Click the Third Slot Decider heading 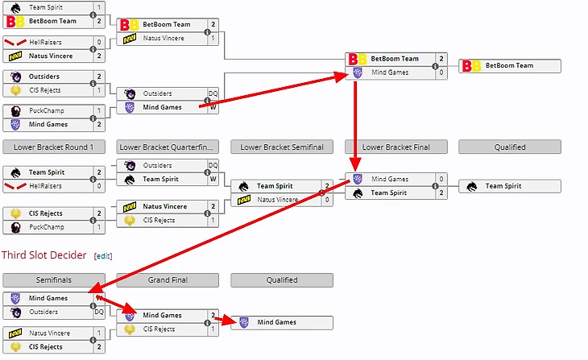coord(44,255)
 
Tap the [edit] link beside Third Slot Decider coord(102,256)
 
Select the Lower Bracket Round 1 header coord(53,147)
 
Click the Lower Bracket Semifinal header coord(281,147)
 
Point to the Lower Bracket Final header coord(395,147)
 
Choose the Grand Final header coord(167,280)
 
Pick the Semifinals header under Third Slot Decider coord(53,280)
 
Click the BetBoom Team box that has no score coord(509,65)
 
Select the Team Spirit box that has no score coord(509,186)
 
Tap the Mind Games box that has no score coord(281,322)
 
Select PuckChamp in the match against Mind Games coord(47,110)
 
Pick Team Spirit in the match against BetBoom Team coord(47,6)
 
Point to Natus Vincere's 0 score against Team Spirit coord(327,199)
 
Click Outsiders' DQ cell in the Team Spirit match coord(213,165)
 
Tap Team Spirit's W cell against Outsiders coord(213,179)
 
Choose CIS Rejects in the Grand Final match coord(161,329)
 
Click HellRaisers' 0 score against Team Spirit coord(99,186)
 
